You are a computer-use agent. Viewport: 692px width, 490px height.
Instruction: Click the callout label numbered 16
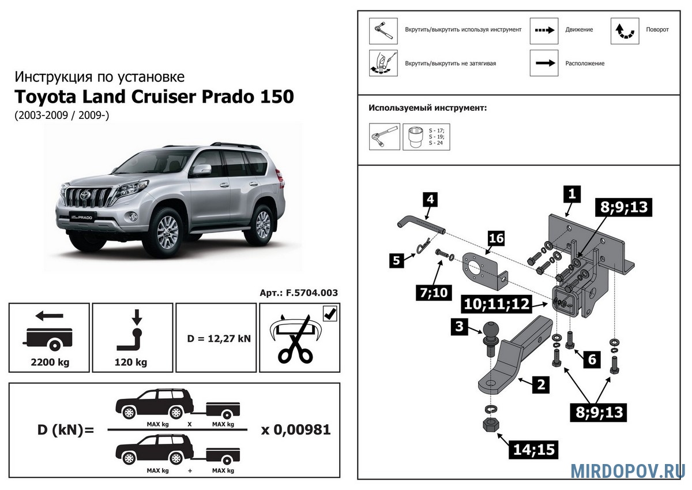coord(496,238)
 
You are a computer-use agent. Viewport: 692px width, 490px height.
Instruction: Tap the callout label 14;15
coord(534,450)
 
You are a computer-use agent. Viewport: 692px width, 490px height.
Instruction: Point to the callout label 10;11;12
coord(497,304)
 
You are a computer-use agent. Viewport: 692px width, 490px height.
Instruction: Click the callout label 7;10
coord(434,293)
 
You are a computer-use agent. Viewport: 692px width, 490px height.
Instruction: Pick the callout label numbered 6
coord(592,360)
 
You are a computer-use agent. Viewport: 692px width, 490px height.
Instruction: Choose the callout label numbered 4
coord(431,199)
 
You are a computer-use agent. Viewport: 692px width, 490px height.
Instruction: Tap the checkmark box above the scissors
coord(330,314)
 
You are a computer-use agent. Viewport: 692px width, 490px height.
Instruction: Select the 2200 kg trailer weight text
coord(50,362)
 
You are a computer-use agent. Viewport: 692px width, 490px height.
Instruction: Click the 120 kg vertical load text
coord(131,362)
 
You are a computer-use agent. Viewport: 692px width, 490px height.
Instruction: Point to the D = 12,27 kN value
coord(219,339)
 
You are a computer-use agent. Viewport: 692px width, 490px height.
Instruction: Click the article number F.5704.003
coord(312,293)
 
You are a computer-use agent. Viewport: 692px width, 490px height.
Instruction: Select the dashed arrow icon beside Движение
coord(544,31)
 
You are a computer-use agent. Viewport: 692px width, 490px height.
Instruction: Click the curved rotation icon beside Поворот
coord(625,31)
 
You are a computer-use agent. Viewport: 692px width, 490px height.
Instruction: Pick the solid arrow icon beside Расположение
coord(544,63)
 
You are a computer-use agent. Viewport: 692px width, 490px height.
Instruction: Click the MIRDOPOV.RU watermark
coord(628,471)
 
